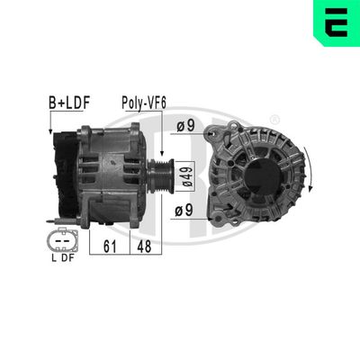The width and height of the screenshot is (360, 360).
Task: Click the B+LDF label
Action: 68,104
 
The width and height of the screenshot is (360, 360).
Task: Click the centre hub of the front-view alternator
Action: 248,170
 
